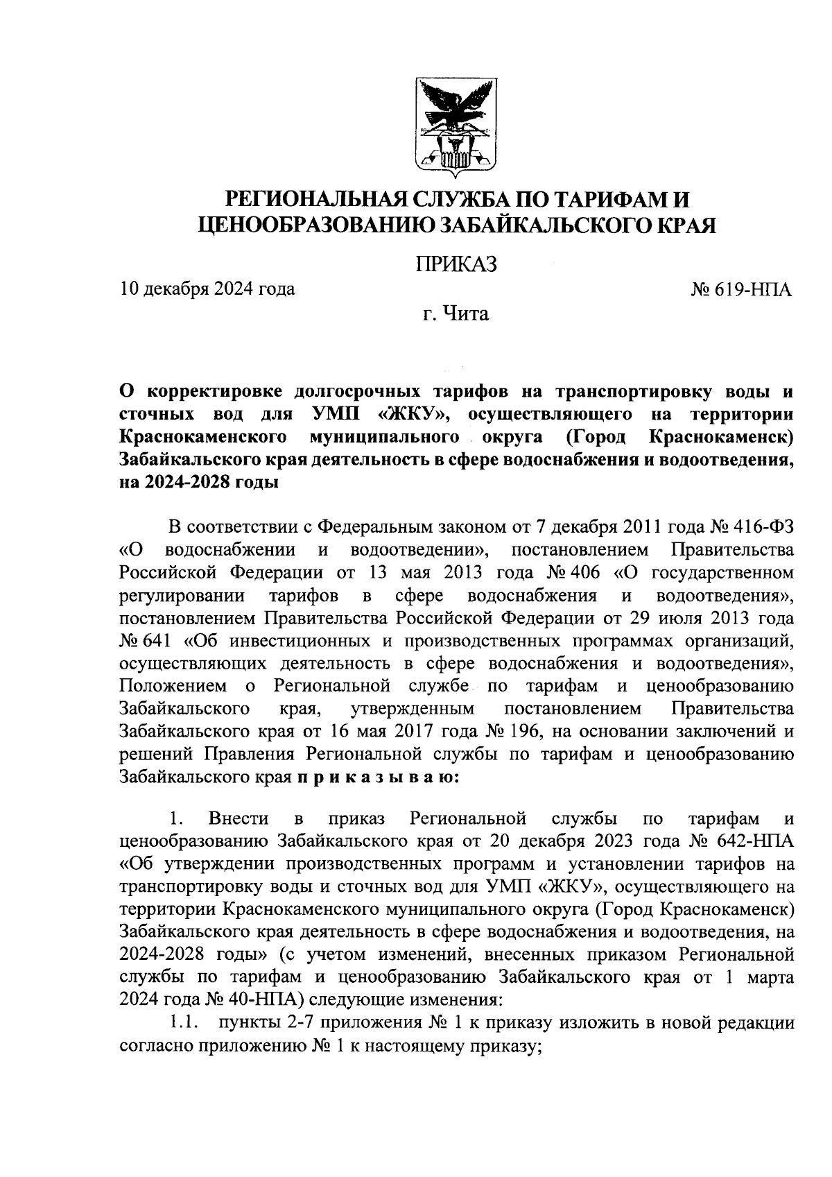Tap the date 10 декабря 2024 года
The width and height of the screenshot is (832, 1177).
tap(207, 289)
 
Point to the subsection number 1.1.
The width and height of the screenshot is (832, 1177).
tap(185, 1022)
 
